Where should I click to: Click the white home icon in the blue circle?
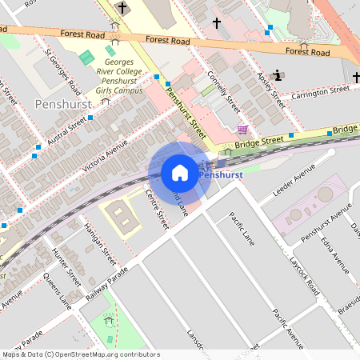pyautogui.click(x=179, y=173)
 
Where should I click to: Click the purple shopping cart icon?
pyautogui.click(x=242, y=129)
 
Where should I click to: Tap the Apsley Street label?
pyautogui.click(x=271, y=88)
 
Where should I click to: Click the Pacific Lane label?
pyautogui.click(x=241, y=228)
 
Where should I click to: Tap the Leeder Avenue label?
pyautogui.click(x=294, y=185)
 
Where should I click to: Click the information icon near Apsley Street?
pyautogui.click(x=278, y=75)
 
